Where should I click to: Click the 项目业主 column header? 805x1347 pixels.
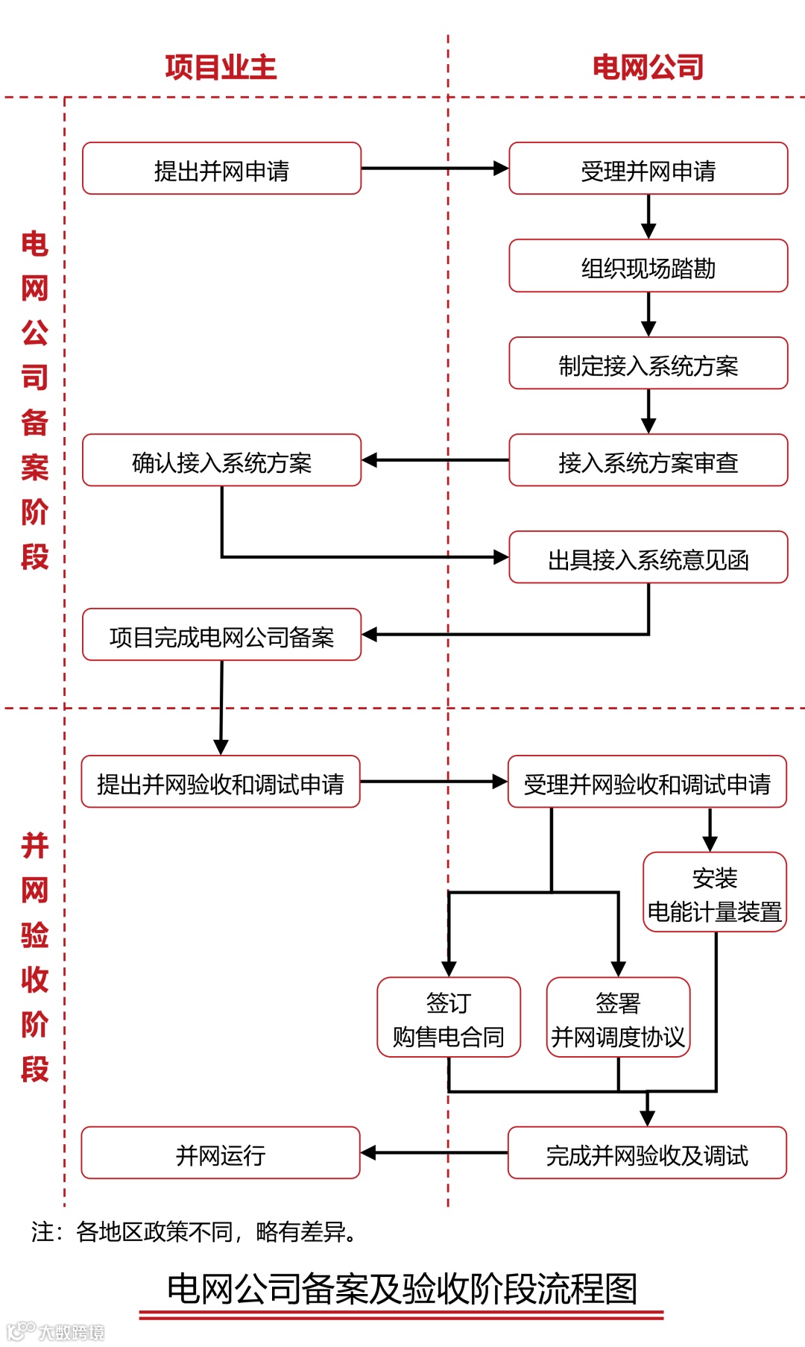[x=221, y=67]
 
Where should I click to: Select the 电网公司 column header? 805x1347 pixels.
[x=648, y=67]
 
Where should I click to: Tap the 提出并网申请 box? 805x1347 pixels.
[x=221, y=169]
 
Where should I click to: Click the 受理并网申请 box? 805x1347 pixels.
[x=648, y=169]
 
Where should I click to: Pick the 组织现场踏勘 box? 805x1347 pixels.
[x=648, y=266]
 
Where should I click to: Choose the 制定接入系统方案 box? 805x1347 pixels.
[x=648, y=364]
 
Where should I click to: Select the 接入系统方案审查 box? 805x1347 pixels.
[x=648, y=461]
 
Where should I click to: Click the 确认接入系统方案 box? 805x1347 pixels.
[x=221, y=461]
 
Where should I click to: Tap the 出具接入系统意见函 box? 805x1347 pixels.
[x=648, y=558]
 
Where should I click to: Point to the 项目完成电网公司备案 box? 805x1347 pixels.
[x=221, y=635]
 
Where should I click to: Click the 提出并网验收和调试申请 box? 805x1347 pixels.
[x=221, y=782]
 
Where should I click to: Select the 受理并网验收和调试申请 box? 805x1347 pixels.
[x=647, y=782]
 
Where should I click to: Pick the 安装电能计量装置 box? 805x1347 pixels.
[x=715, y=893]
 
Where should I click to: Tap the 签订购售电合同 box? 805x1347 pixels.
[x=449, y=1018]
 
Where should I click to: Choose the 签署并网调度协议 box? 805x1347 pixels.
[x=618, y=1018]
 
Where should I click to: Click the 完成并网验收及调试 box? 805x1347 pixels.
[x=647, y=1154]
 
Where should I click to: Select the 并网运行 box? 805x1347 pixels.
[x=221, y=1154]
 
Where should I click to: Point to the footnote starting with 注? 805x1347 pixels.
[x=194, y=1231]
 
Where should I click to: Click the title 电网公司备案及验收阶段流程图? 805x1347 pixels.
[x=402, y=1288]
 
